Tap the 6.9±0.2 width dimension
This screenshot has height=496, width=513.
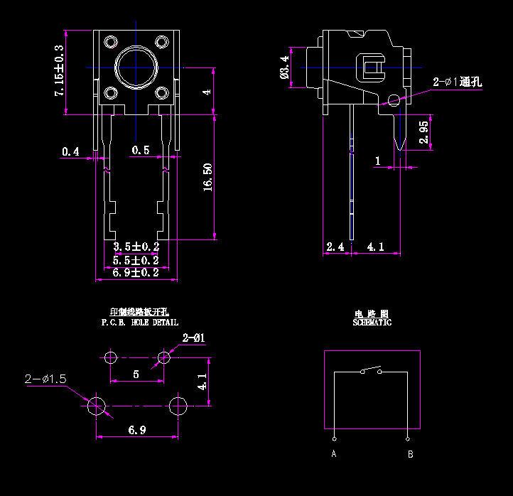click(136, 273)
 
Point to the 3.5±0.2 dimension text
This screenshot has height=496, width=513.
click(136, 247)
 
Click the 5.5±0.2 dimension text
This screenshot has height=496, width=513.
click(136, 260)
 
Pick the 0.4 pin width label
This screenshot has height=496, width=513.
click(70, 151)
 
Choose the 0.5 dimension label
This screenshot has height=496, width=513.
click(141, 150)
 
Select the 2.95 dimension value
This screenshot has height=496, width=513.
click(423, 132)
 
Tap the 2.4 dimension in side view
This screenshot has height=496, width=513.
click(335, 247)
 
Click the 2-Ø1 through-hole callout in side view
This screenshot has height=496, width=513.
click(457, 82)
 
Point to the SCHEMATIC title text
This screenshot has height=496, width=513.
click(372, 323)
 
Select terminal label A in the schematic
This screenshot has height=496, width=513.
click(333, 454)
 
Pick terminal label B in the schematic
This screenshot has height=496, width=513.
click(409, 454)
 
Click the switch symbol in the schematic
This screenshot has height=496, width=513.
click(370, 370)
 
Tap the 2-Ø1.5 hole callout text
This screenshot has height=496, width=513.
click(45, 379)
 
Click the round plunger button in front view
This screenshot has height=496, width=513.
click(136, 68)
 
